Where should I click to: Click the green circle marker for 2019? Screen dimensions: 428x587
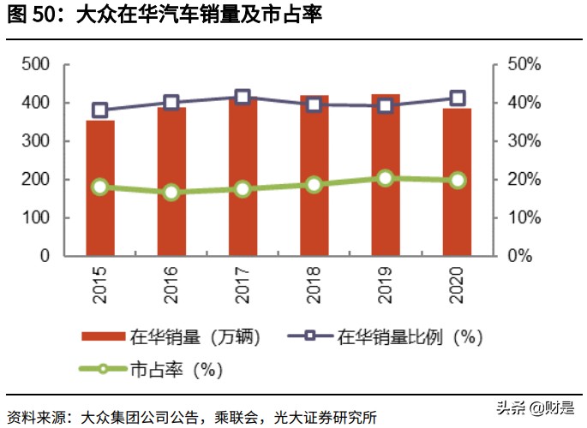click(386, 178)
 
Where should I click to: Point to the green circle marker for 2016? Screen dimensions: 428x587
click(171, 193)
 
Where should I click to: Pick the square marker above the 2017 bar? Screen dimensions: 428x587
click(243, 98)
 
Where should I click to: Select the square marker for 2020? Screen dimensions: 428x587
click(458, 98)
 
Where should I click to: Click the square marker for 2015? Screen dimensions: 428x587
click(100, 110)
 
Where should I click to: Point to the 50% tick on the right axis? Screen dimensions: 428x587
click(523, 65)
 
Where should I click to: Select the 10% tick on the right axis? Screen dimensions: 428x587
click(523, 217)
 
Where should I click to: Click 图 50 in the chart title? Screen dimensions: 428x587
click(36, 15)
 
